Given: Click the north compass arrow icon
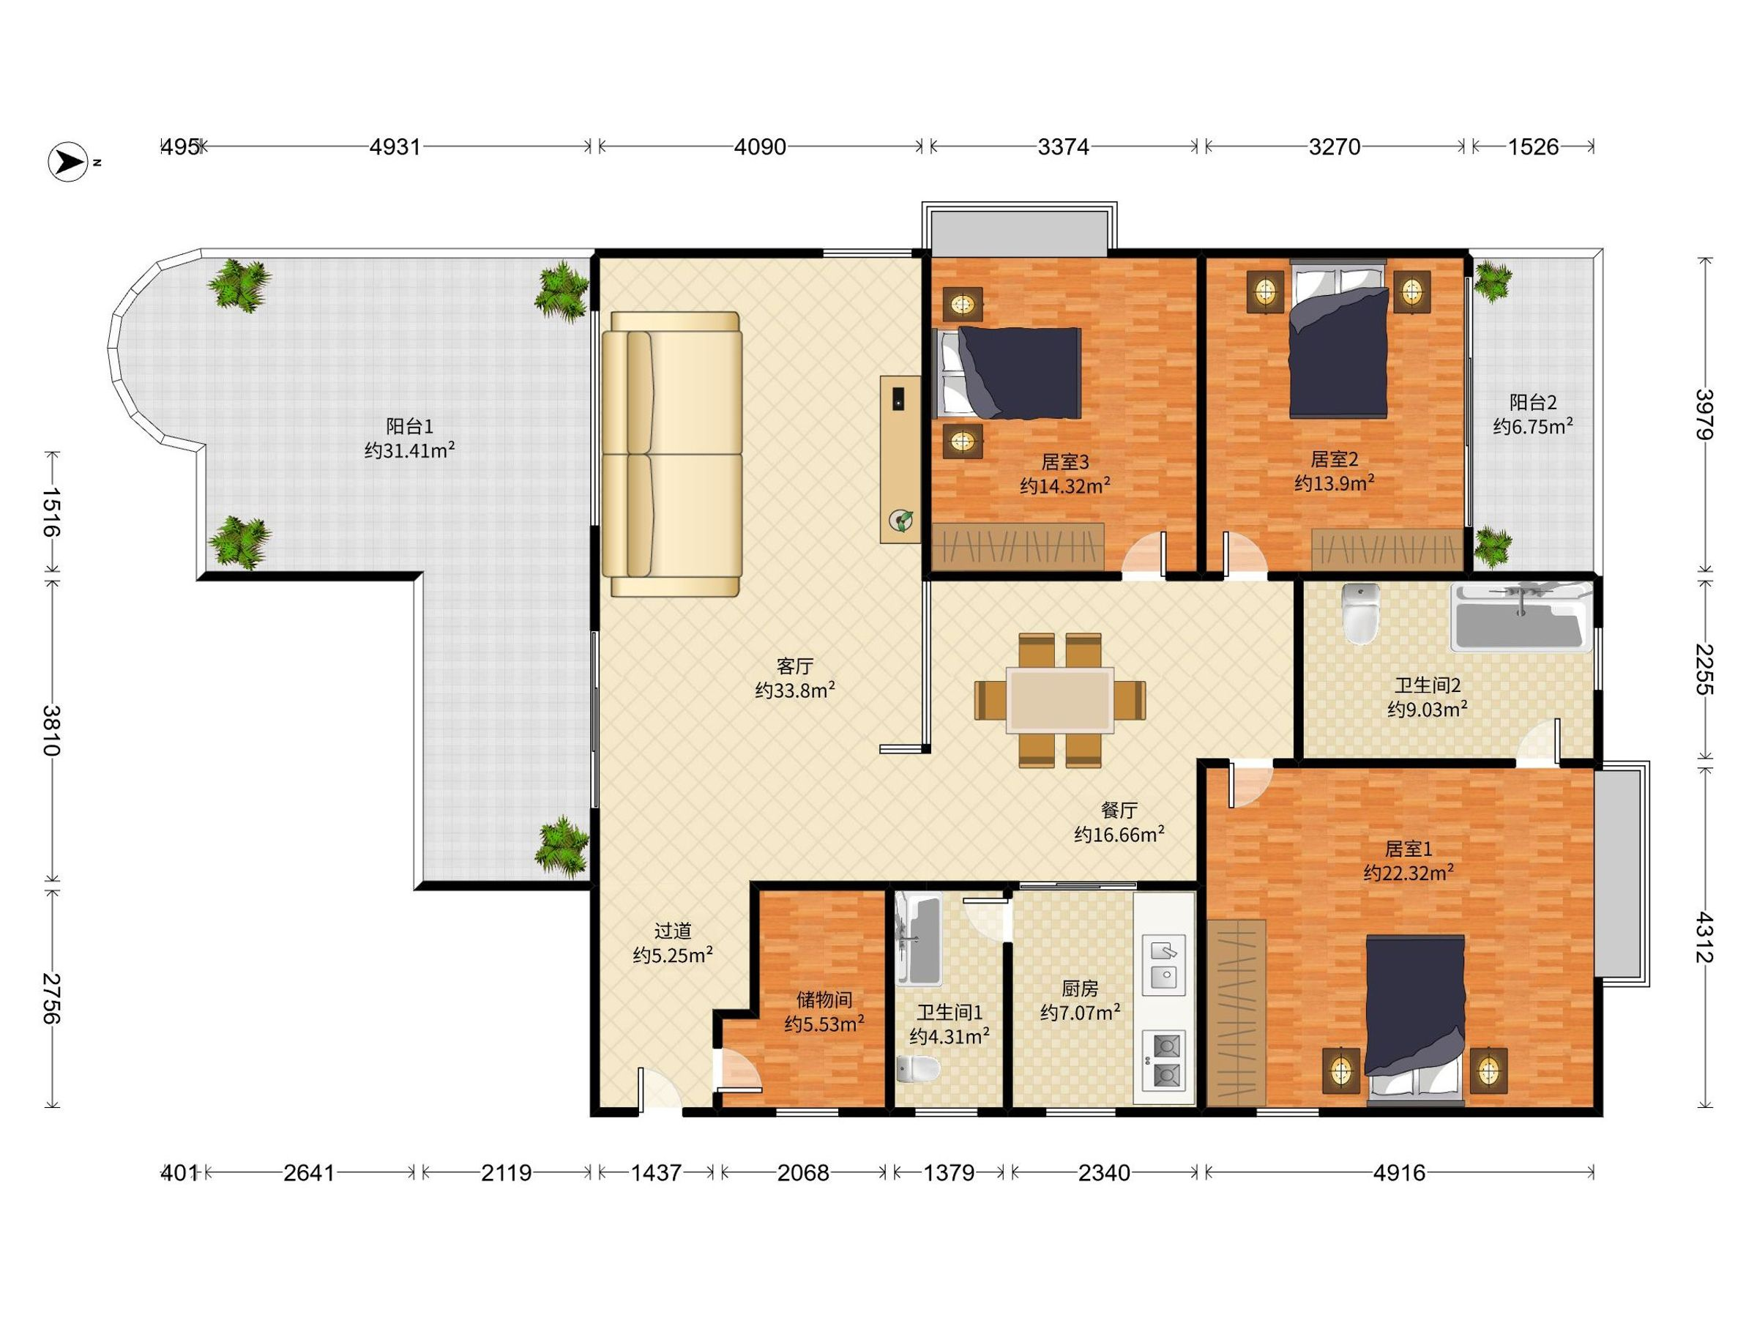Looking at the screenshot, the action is click(68, 162).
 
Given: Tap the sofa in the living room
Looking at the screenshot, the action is click(672, 454).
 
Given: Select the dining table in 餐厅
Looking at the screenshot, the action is click(1059, 700).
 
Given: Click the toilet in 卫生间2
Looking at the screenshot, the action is click(1362, 613).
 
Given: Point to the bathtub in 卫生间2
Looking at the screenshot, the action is click(1521, 617).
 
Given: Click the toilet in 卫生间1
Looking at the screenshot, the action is click(918, 1068).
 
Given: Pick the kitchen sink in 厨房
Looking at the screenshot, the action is click(1164, 964).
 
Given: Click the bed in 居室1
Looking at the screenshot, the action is click(1415, 1021).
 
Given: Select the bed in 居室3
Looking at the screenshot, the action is click(1007, 373).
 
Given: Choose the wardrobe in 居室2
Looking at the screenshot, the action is click(1387, 549).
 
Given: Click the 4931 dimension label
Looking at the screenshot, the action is click(395, 147).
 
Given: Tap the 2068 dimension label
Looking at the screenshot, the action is click(803, 1172).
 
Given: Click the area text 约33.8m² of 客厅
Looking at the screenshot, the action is click(795, 690).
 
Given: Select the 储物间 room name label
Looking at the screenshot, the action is click(824, 999).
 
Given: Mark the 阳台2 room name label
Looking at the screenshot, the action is click(1533, 402).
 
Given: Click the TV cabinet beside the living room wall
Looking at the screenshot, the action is click(900, 459).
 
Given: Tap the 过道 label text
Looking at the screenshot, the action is click(673, 931).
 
